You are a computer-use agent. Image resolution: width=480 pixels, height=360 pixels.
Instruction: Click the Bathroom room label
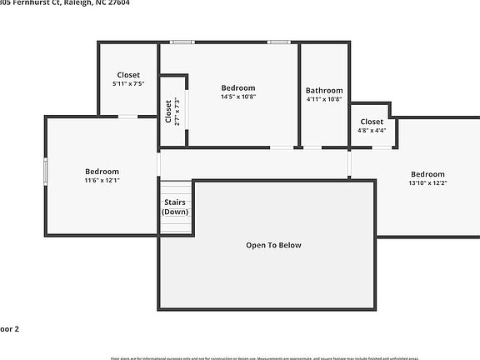(x=323, y=91)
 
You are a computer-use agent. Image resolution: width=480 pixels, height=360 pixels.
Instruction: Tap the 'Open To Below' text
(x=273, y=245)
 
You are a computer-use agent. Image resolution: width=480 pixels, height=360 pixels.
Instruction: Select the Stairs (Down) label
(x=175, y=207)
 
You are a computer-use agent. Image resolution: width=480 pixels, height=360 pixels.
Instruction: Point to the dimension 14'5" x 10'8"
(x=237, y=97)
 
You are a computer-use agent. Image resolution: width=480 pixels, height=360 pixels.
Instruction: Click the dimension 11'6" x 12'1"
(x=102, y=180)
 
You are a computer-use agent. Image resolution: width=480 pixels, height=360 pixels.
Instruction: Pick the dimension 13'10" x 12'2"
(x=427, y=183)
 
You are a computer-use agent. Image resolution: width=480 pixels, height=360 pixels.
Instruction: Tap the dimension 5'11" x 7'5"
(x=128, y=84)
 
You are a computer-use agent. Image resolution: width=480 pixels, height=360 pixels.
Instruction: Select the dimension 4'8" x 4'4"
(x=372, y=130)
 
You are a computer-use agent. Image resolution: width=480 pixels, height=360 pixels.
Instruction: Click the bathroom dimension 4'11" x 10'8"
(x=323, y=100)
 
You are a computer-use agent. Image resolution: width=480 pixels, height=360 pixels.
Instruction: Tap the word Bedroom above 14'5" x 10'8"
(x=237, y=87)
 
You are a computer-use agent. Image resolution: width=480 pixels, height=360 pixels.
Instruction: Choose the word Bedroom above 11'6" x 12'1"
(x=102, y=172)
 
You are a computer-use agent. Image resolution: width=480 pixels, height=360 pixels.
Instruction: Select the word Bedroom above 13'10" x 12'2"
(x=427, y=174)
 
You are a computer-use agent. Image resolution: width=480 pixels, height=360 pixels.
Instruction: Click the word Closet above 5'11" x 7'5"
(x=128, y=75)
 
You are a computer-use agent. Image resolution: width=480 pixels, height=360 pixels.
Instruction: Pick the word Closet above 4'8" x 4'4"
(x=372, y=122)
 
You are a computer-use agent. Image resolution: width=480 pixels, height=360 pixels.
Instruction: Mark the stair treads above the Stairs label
(x=175, y=188)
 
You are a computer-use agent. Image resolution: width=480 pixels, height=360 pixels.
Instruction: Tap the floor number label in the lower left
(x=8, y=329)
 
